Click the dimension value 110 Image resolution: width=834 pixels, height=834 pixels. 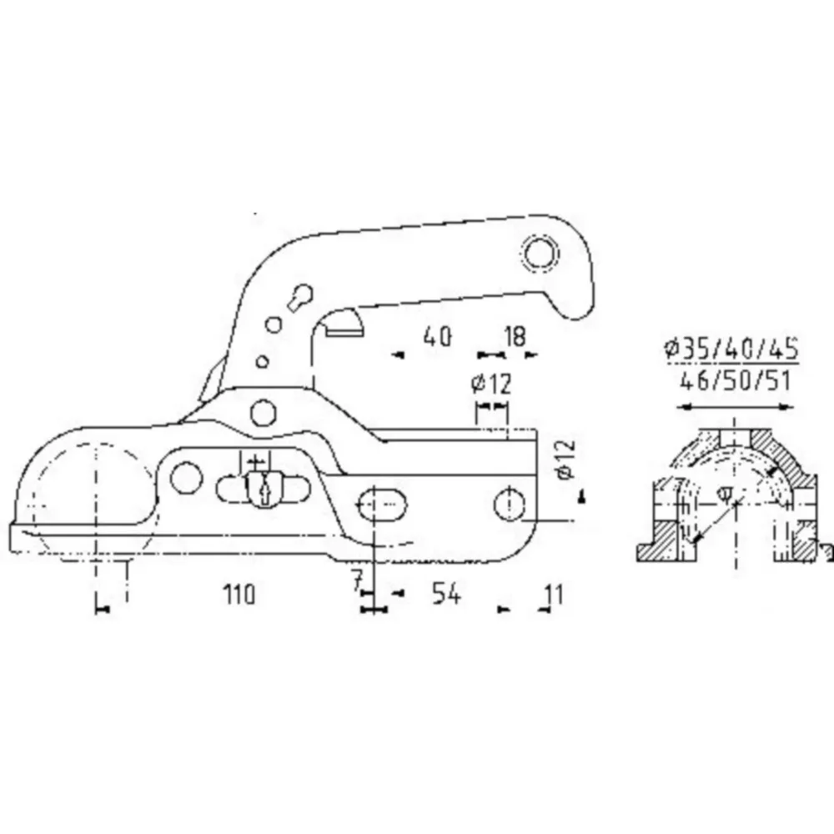coord(239,594)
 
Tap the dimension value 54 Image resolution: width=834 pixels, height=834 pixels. coord(445,593)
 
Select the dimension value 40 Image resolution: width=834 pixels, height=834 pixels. coord(437,337)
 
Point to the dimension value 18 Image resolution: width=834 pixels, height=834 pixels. coord(515,337)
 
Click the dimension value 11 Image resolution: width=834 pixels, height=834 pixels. coord(554,594)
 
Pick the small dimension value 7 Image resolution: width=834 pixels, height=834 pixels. coord(358,581)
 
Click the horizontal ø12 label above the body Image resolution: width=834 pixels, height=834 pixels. coord(491,384)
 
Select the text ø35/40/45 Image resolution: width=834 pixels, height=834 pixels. coord(731,349)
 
